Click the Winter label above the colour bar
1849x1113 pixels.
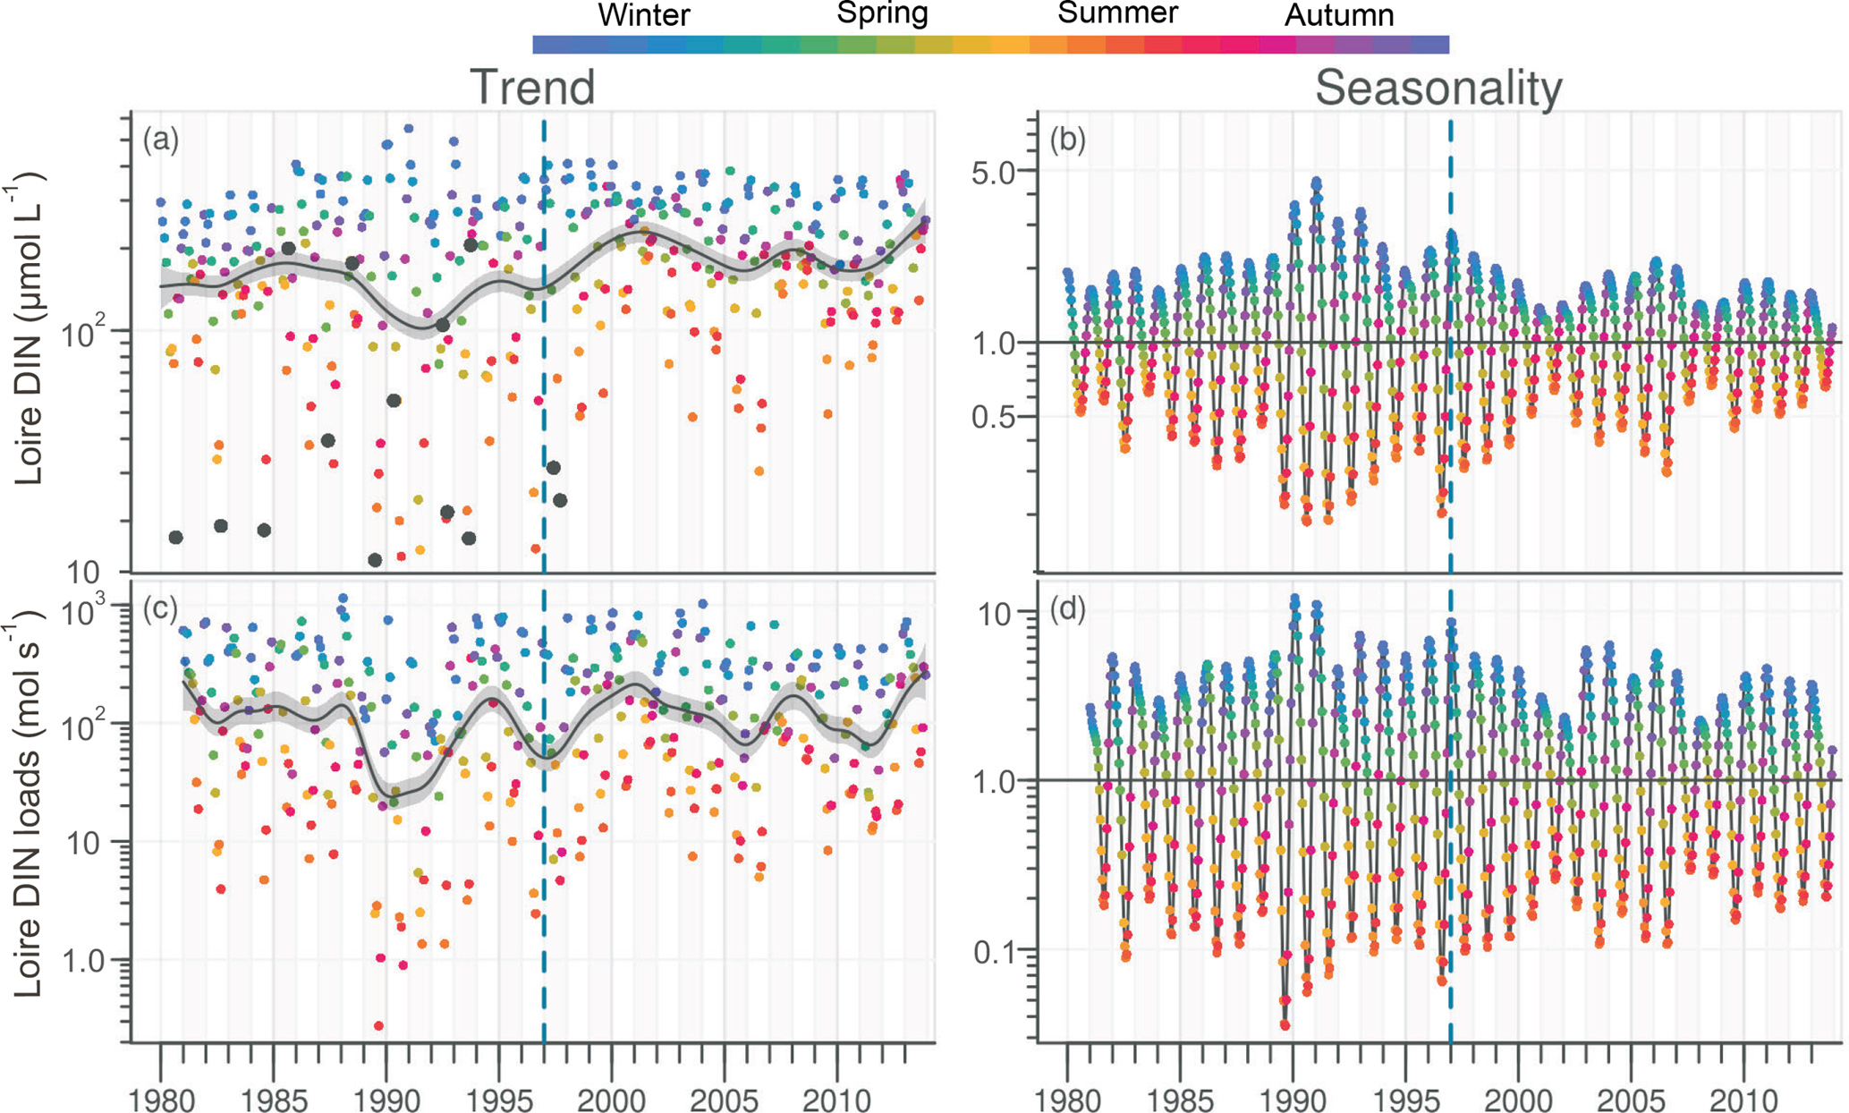click(643, 15)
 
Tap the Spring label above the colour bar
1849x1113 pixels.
click(882, 13)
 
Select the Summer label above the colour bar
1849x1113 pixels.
click(1117, 13)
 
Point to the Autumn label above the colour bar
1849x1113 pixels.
click(1339, 15)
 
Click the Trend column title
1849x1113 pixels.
click(532, 88)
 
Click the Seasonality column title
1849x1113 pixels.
click(1438, 88)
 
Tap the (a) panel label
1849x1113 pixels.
click(161, 140)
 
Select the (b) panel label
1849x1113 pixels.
click(1067, 140)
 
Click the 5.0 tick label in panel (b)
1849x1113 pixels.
click(994, 172)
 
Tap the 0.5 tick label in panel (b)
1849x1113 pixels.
click(994, 417)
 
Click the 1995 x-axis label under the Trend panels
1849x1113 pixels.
click(498, 1100)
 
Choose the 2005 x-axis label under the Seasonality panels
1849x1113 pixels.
click(1630, 1100)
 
